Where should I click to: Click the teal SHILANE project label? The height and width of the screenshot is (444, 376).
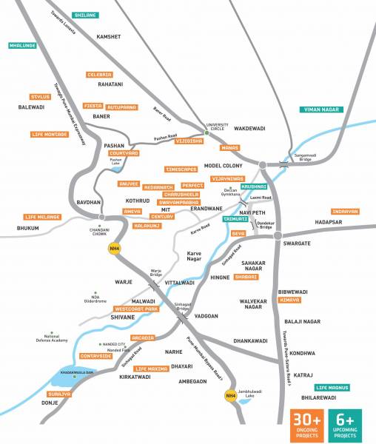coord(86,15)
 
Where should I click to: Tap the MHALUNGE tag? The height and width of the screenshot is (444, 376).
coord(23,45)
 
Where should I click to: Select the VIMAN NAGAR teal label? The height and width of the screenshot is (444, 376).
coord(321,110)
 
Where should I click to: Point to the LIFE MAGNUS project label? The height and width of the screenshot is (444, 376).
coord(332,387)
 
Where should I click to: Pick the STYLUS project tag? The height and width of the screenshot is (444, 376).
coord(39,96)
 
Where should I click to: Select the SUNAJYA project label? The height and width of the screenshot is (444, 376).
coord(60,394)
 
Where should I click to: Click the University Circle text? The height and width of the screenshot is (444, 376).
coord(221,128)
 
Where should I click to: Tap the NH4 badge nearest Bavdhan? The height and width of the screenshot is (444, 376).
coord(115,247)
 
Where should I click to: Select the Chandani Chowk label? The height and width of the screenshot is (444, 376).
coord(101,230)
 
